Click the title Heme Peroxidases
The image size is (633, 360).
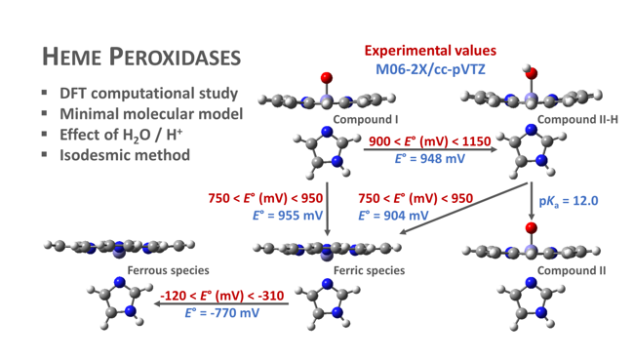139,57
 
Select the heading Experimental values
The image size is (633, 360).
430,51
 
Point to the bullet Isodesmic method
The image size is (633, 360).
124,154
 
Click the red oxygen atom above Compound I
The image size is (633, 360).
326,77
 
